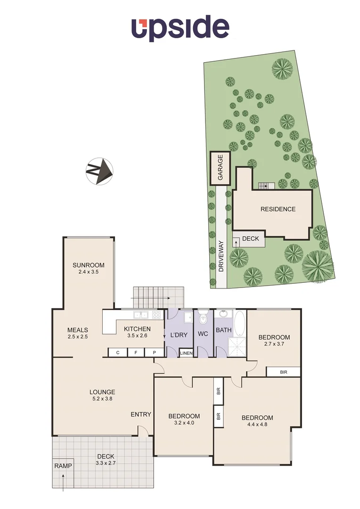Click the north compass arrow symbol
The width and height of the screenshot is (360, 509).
click(x=99, y=171)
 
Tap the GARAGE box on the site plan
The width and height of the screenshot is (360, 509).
click(x=220, y=168)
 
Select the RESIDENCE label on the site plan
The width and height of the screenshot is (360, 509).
click(x=278, y=209)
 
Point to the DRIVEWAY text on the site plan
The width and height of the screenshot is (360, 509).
click(x=221, y=255)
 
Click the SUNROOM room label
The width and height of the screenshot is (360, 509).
click(x=89, y=265)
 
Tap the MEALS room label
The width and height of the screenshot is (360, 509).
click(x=78, y=330)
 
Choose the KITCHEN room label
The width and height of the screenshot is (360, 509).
click(x=137, y=329)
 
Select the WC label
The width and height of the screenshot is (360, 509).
click(x=203, y=334)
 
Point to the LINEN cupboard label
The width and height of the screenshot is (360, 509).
click(x=186, y=353)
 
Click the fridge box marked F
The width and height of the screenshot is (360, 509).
click(x=136, y=353)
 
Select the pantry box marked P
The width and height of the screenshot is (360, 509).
click(x=154, y=353)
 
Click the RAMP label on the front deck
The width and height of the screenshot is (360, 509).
click(x=63, y=466)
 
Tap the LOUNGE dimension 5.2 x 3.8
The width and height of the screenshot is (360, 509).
click(x=103, y=399)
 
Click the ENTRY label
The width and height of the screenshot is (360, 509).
click(x=141, y=414)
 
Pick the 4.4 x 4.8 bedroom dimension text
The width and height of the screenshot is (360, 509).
click(x=257, y=425)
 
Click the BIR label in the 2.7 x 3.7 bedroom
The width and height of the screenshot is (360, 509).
click(x=283, y=372)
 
